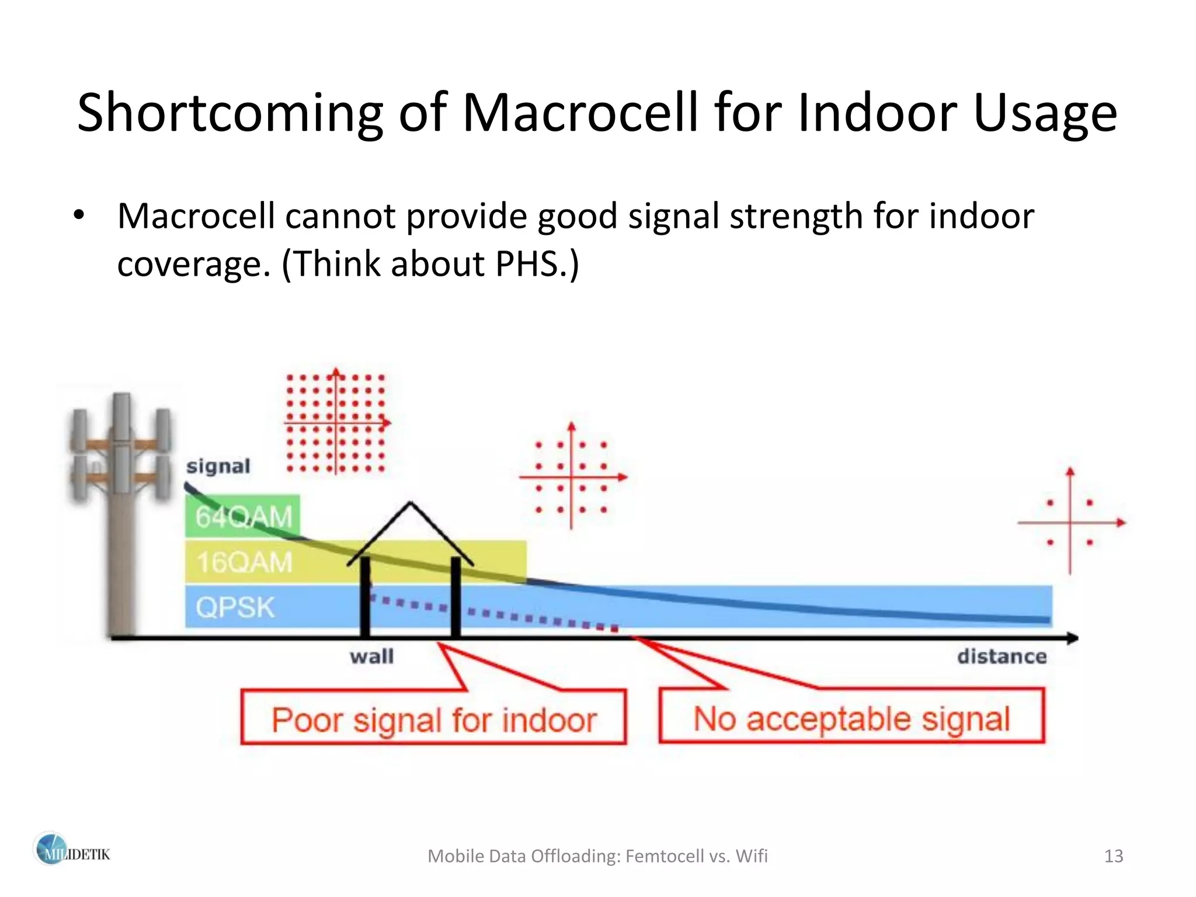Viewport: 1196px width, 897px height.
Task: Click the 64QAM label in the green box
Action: [244, 517]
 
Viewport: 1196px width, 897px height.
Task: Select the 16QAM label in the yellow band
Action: [244, 562]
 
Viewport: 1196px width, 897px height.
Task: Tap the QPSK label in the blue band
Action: [235, 607]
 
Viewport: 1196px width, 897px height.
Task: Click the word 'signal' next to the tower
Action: [218, 467]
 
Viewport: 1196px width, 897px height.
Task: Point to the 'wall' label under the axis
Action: [371, 656]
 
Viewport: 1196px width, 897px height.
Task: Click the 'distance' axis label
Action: [1002, 656]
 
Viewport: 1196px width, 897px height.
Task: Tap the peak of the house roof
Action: [411, 503]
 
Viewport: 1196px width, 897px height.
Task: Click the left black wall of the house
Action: [365, 596]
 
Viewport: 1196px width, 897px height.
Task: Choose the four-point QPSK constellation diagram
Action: [1070, 522]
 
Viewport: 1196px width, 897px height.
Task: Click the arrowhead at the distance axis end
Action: [1073, 638]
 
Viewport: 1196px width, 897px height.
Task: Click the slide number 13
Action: [1114, 856]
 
